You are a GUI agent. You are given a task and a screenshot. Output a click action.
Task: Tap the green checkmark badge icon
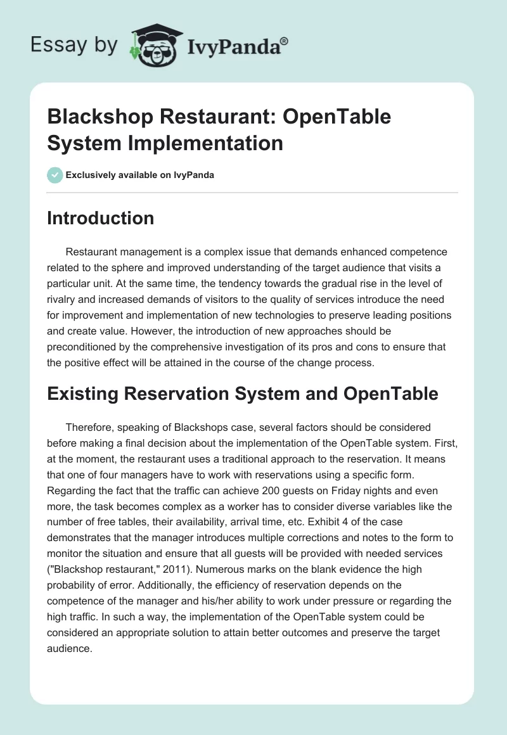click(x=55, y=175)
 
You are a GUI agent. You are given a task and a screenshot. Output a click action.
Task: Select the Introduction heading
click(x=101, y=218)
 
